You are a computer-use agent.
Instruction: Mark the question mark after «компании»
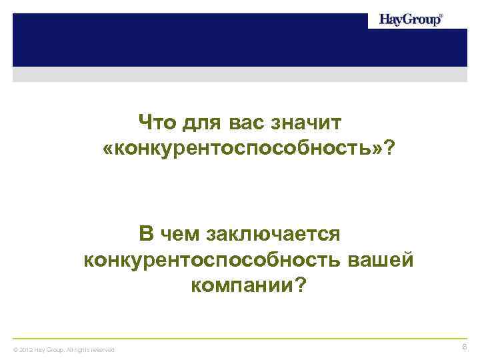(x=301, y=286)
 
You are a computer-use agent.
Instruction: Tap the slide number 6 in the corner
(x=465, y=347)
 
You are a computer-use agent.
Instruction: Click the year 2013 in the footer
(x=26, y=349)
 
